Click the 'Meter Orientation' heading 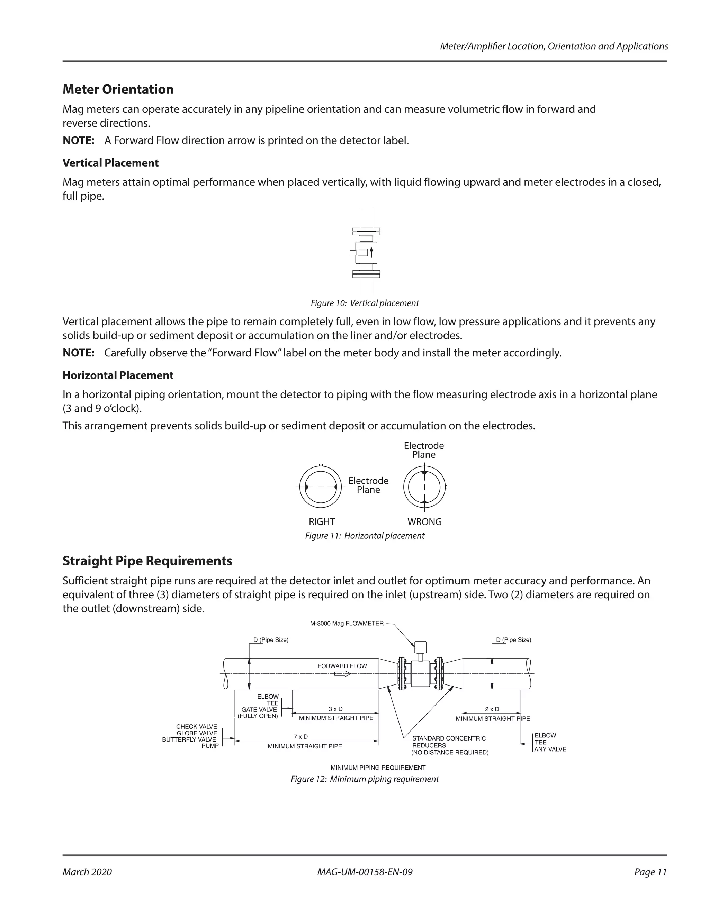118,89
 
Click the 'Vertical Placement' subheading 110,163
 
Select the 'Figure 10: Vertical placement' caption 365,303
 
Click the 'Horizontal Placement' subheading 118,375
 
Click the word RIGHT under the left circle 322,522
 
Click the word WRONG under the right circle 424,522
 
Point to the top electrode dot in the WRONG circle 424,473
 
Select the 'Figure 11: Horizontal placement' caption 365,536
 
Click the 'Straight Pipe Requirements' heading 147,561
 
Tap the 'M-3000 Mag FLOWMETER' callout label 347,624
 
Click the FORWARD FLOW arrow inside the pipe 342,674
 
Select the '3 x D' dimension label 335,709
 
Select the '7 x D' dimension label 301,737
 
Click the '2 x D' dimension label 492,709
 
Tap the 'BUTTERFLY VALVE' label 189,740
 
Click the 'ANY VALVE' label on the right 550,750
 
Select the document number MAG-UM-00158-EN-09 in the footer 365,872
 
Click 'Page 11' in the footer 650,872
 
